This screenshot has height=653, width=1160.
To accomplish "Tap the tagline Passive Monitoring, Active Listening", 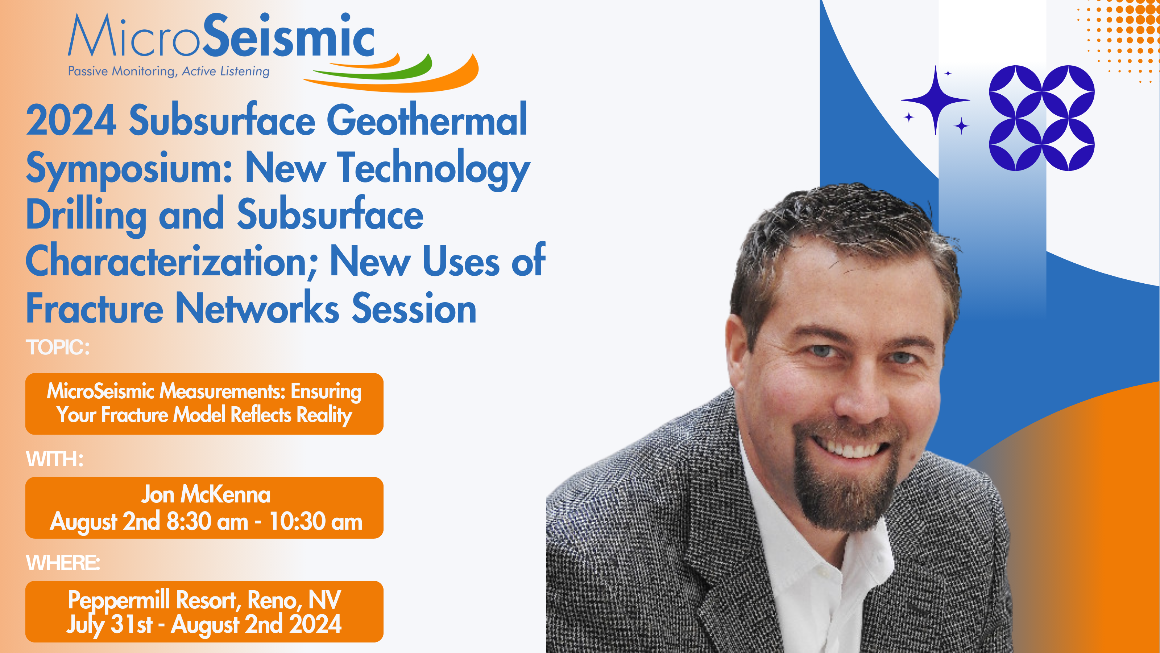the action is coord(169,71).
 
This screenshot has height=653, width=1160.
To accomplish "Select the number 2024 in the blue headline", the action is coord(71,120).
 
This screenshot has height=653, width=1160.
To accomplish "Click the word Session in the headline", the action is coord(414,308).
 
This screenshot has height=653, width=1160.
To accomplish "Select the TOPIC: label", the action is coord(58,348).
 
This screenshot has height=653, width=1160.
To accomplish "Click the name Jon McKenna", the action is coord(206,494).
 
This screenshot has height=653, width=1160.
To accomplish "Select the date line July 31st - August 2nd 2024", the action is coord(204,625).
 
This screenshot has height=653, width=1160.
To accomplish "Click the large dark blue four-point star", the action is coord(935,100).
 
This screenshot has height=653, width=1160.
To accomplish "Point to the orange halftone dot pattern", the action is coord(1121,36).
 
